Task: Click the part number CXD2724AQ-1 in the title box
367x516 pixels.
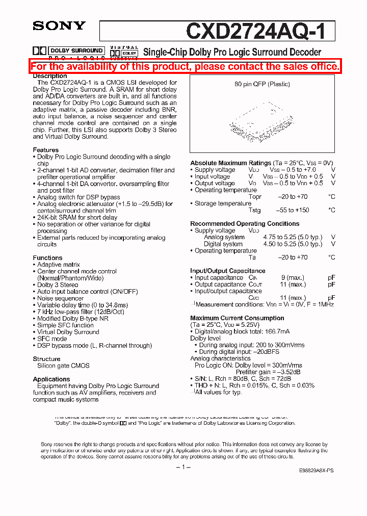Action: click(x=260, y=31)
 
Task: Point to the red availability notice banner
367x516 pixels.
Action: click(x=185, y=67)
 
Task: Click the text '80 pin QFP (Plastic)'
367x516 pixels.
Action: click(x=262, y=84)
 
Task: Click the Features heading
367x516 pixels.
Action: click(x=46, y=150)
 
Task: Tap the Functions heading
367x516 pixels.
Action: click(x=47, y=258)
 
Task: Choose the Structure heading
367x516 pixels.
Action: click(x=46, y=359)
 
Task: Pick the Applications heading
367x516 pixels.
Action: click(x=51, y=379)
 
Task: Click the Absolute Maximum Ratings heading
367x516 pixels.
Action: click(x=230, y=163)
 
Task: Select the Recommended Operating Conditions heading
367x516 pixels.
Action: click(x=245, y=224)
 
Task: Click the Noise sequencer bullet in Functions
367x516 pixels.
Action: click(x=60, y=298)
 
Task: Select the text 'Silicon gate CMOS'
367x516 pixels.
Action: click(x=63, y=366)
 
